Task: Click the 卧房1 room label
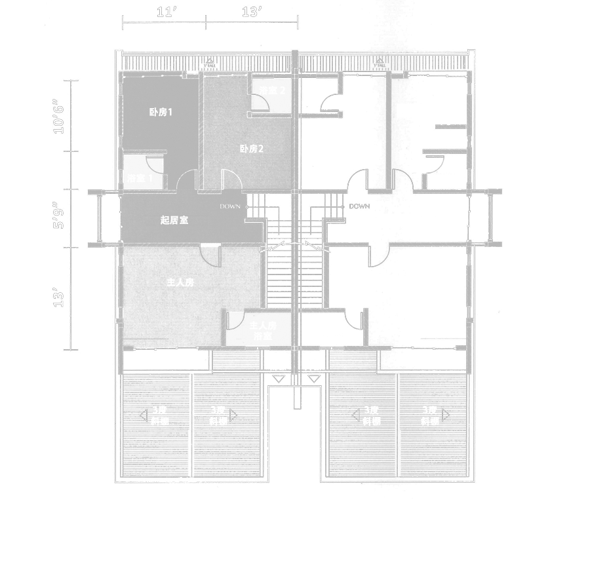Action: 161,112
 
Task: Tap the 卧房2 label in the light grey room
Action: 251,149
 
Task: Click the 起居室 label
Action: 174,220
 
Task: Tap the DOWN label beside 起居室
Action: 230,206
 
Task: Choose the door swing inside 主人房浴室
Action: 233,319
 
